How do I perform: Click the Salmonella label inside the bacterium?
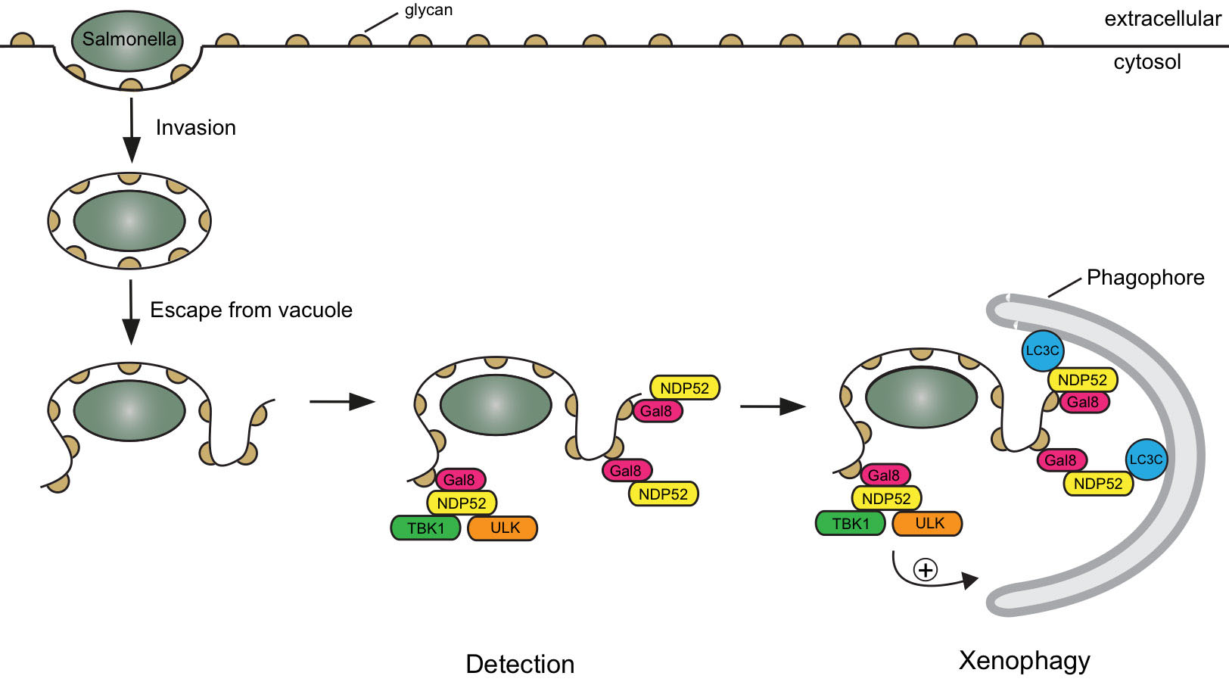pos(129,39)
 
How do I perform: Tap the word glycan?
pos(428,11)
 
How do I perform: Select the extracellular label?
pos(1162,19)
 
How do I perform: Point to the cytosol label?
pos(1147,62)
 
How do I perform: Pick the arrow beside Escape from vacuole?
pos(131,311)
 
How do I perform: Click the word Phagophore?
pos(1145,278)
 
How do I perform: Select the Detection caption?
pos(520,664)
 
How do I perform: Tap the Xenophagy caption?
pos(1024,660)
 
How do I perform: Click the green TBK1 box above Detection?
pos(425,528)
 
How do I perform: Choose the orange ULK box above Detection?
pos(502,528)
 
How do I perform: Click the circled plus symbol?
pos(926,569)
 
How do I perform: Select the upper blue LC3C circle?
pos(1042,350)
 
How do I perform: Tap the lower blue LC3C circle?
pos(1146,459)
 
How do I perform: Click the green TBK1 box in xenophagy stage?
pos(851,523)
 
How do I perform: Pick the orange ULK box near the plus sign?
pos(927,523)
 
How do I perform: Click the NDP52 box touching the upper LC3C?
pos(1082,380)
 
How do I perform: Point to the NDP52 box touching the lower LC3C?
pos(1098,484)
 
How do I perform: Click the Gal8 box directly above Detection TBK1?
pos(459,479)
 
